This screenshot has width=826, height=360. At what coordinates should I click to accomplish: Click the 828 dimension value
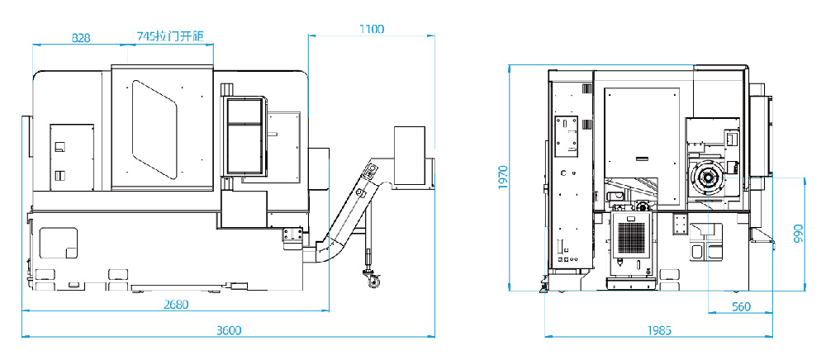81,37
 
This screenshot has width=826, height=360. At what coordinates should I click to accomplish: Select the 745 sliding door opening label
171,36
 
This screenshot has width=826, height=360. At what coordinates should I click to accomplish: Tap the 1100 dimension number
372,29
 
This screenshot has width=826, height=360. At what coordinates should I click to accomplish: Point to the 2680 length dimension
176,304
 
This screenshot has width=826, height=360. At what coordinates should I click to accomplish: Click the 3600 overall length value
229,330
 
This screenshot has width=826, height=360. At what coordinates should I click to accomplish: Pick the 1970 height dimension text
502,178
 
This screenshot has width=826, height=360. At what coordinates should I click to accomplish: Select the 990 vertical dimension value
798,234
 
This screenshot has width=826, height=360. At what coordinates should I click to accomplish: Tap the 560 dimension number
741,307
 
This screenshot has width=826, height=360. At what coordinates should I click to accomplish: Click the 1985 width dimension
659,330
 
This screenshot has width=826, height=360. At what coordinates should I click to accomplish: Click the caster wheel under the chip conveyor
373,281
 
